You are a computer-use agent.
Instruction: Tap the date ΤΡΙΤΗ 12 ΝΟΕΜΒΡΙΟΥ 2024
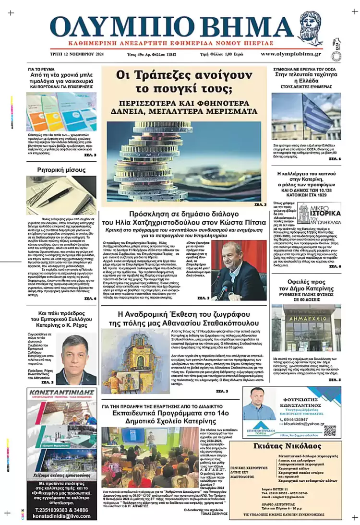[x=77, y=55]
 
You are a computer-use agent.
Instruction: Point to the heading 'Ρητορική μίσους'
[x=61, y=170]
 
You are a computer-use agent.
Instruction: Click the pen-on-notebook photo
[x=61, y=195]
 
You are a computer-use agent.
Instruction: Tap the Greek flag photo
[x=306, y=116]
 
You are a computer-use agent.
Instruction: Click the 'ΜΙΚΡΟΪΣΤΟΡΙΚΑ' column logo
[x=319, y=213]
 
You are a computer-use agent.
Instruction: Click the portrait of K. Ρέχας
[x=76, y=359]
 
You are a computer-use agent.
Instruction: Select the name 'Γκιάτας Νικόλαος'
[x=293, y=447]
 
